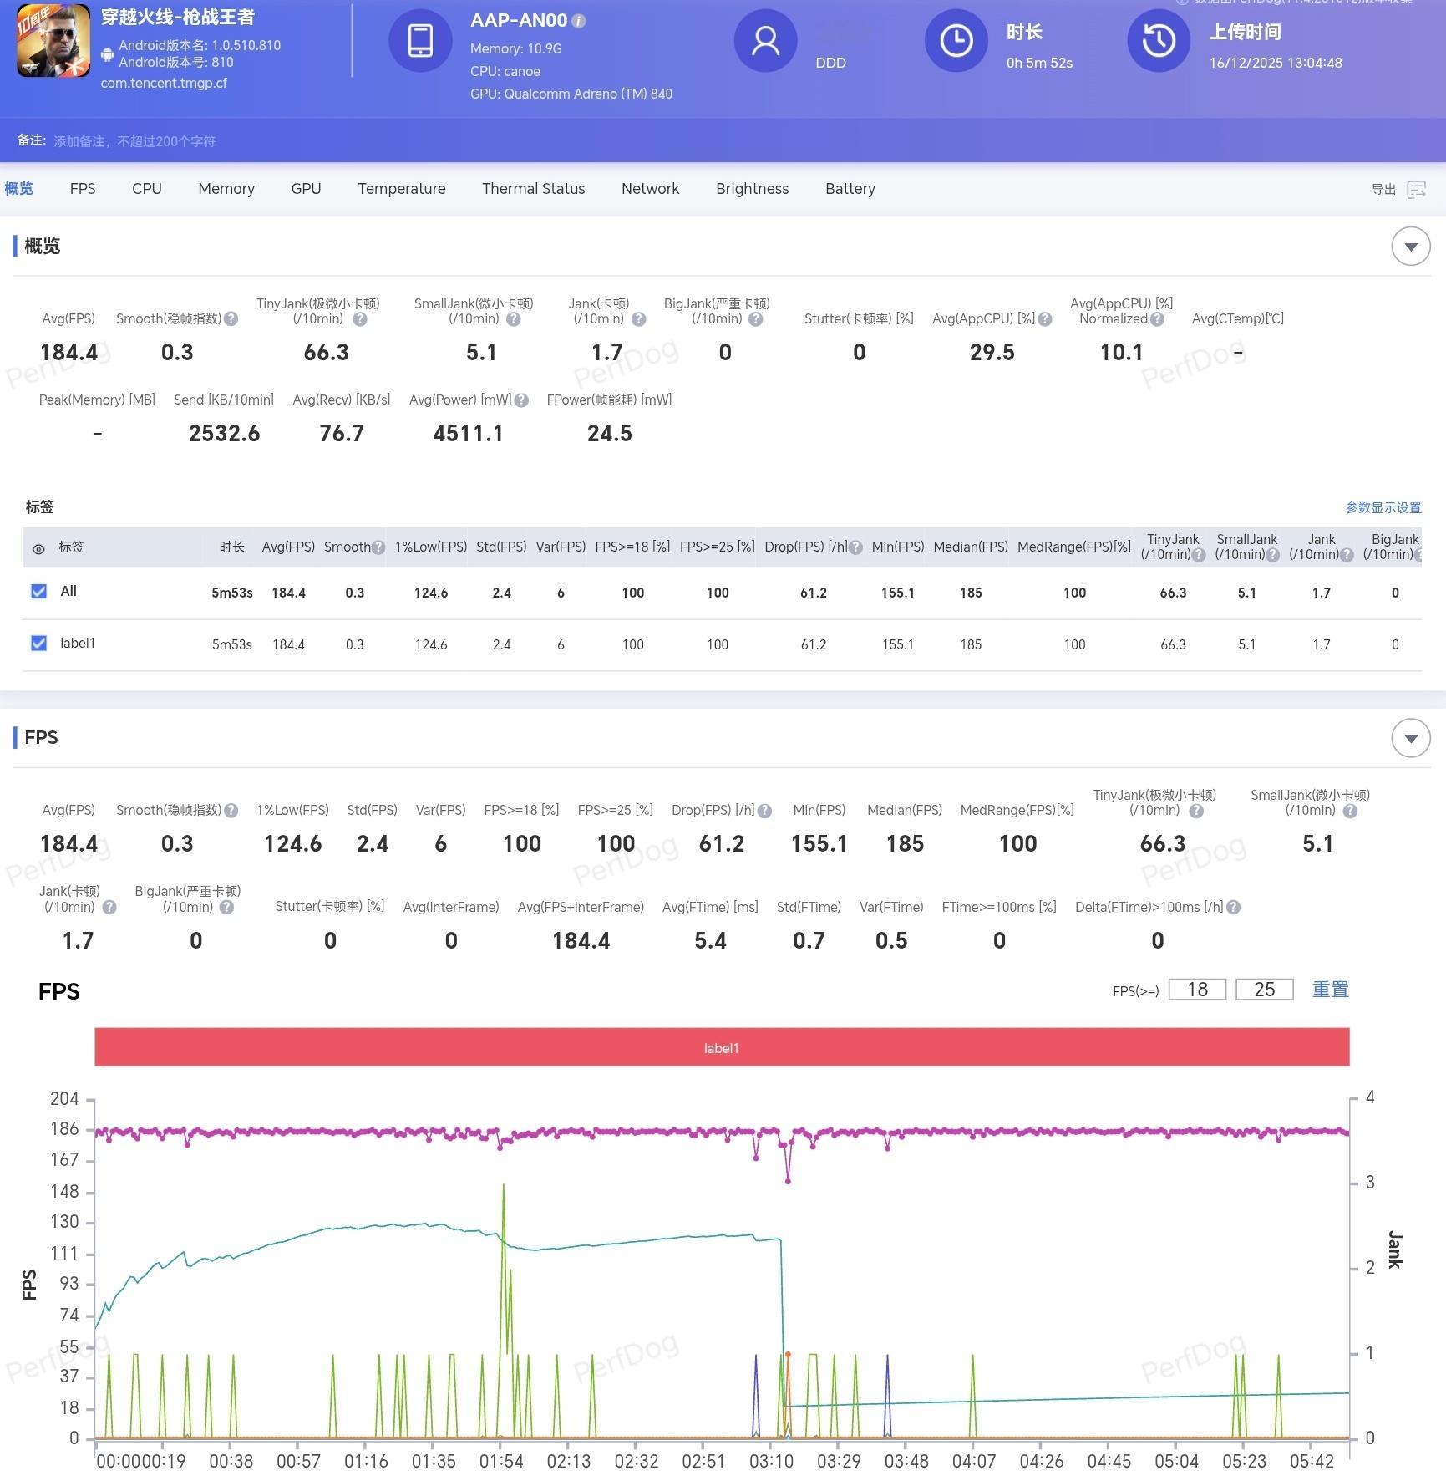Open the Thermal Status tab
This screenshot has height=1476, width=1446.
click(x=533, y=189)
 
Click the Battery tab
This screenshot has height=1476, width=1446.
click(x=850, y=189)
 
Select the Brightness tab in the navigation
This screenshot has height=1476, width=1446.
click(x=752, y=189)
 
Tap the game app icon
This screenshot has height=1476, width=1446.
click(x=53, y=41)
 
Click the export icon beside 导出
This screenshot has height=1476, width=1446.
click(x=1416, y=190)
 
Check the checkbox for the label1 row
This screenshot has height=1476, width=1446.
click(x=38, y=643)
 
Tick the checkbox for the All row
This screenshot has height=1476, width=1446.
click(x=38, y=592)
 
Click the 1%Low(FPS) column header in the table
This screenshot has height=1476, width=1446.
click(x=430, y=547)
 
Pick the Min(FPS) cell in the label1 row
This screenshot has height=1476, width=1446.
click(x=897, y=644)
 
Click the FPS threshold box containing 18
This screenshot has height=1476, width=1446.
click(x=1197, y=990)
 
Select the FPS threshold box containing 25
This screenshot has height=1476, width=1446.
click(x=1264, y=990)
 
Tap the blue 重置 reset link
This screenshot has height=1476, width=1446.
click(x=1330, y=990)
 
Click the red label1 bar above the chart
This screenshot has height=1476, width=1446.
click(x=721, y=1047)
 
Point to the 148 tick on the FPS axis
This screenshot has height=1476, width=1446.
click(x=64, y=1191)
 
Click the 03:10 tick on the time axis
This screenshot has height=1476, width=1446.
click(x=771, y=1461)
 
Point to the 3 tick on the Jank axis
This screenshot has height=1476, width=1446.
click(x=1369, y=1183)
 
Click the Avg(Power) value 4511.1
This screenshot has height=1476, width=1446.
click(x=468, y=433)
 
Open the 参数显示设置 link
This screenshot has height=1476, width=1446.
click(x=1383, y=507)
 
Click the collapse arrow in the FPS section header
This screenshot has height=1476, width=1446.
click(x=1410, y=738)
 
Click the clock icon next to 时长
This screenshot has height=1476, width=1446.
click(x=956, y=41)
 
